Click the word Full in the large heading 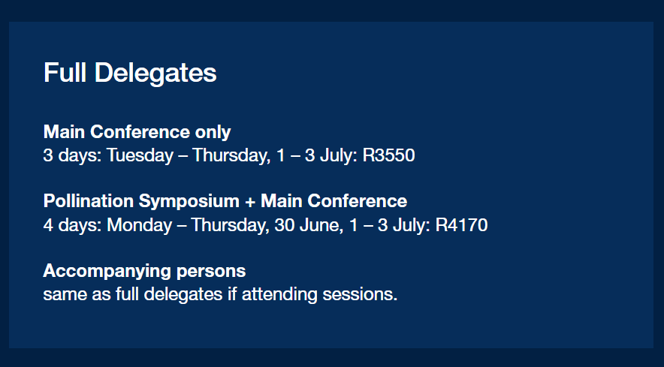65,72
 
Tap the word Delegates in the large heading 155,74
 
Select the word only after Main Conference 213,133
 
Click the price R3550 389,155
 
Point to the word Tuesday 140,156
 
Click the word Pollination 88,200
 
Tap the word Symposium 189,201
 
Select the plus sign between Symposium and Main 250,202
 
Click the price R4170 462,224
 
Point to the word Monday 139,225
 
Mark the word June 321,225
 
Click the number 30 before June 285,224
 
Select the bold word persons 211,272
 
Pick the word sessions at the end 360,295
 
